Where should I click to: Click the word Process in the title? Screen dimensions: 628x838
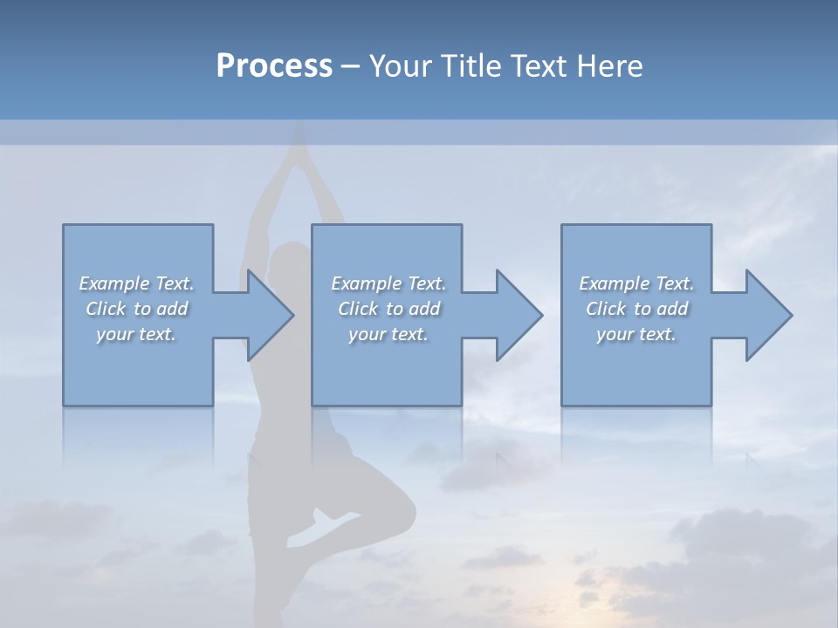(274, 66)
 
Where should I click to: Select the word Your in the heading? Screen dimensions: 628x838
(398, 66)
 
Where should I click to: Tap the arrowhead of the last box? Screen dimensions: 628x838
(767, 315)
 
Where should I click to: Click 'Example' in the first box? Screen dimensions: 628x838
(113, 283)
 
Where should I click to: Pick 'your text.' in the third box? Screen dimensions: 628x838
(636, 334)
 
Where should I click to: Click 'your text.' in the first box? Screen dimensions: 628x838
(136, 334)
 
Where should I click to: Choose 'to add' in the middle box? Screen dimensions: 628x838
(413, 309)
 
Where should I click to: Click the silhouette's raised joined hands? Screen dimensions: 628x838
(299, 144)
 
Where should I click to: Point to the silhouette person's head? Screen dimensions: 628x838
(288, 262)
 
